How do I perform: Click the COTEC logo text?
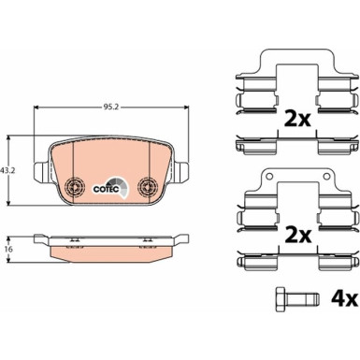pyautogui.click(x=106, y=189)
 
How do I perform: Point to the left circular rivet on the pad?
pyautogui.click(x=75, y=187)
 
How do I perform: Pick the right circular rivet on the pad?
pyautogui.click(x=148, y=187)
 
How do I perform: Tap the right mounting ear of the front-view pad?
pyautogui.click(x=181, y=172)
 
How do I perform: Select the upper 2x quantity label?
pyautogui.click(x=297, y=119)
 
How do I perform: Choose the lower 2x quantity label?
pyautogui.click(x=297, y=236)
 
